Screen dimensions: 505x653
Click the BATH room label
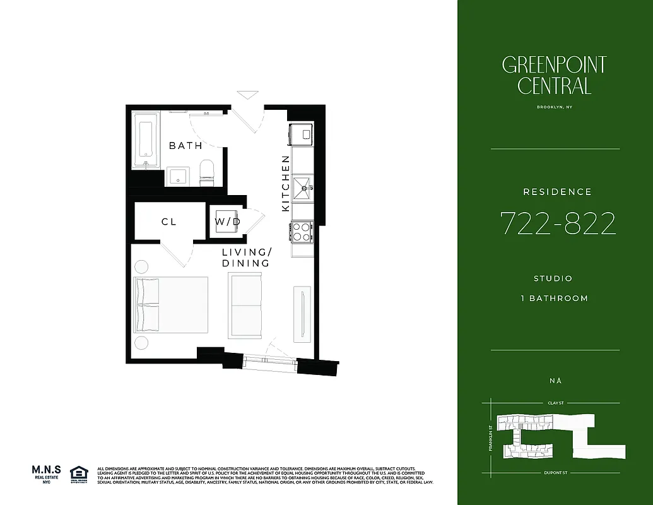point(185,146)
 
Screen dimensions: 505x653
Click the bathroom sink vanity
point(176,177)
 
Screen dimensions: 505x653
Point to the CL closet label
point(168,222)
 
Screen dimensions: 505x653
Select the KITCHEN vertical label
point(285,183)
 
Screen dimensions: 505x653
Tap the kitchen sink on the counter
point(302,186)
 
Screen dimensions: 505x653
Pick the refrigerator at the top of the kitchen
point(301,134)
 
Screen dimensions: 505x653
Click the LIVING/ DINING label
point(245,258)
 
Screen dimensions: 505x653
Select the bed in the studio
point(170,304)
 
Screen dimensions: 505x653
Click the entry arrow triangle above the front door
point(247,95)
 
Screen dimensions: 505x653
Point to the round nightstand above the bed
point(141,266)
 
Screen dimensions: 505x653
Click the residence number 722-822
point(558,223)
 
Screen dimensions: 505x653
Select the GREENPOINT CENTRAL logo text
point(554,75)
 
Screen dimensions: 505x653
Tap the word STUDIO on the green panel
point(553,278)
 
